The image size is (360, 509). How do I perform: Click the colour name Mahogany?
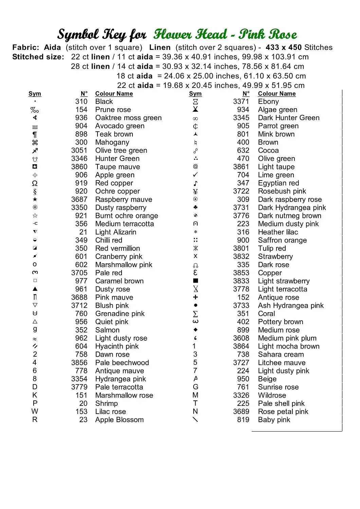[x=112, y=143]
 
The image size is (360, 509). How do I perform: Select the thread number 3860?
[x=79, y=167]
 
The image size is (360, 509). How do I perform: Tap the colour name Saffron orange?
[x=282, y=240]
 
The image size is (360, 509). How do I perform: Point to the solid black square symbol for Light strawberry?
[x=195, y=281]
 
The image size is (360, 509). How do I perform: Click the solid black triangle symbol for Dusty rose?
[x=35, y=289]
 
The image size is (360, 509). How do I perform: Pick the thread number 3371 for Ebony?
[x=241, y=101]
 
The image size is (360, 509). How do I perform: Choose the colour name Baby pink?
[x=274, y=420]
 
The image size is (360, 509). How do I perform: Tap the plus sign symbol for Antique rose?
[x=195, y=297]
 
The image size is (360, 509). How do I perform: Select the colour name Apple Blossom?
[x=119, y=420]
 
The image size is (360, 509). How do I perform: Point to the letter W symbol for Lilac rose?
[x=35, y=412]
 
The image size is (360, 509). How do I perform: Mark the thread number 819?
[x=243, y=420]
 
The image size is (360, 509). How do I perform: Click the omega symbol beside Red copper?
[x=35, y=183]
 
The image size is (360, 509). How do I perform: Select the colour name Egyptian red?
[x=278, y=183]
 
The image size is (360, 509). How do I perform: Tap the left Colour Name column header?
[x=114, y=94]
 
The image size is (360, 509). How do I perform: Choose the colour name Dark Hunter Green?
[x=288, y=118]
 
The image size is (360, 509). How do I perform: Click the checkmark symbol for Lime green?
[x=195, y=175]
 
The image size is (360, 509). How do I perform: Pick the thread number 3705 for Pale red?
[x=79, y=273]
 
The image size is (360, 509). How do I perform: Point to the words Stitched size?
[x=38, y=57]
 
